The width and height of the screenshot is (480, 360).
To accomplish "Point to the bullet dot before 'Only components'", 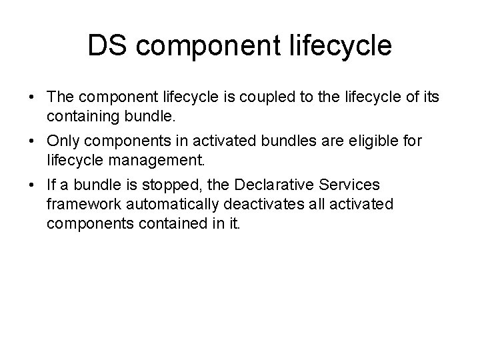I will [x=32, y=142].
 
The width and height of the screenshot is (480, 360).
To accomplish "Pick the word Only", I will [x=63, y=142].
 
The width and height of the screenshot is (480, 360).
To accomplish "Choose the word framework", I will [x=83, y=203].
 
